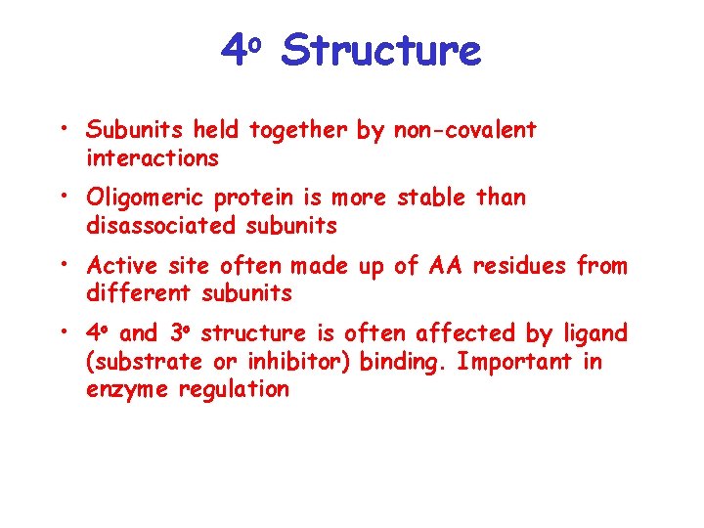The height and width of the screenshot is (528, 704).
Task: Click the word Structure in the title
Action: click(x=380, y=50)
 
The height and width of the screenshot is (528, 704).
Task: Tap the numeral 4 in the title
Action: click(x=233, y=50)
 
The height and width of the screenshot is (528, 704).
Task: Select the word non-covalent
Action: click(x=464, y=130)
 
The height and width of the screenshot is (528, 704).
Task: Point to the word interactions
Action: click(x=152, y=157)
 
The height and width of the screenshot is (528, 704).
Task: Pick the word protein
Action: click(x=253, y=198)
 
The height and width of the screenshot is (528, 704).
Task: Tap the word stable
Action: click(x=431, y=198)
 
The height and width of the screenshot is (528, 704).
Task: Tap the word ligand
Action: click(x=594, y=334)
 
